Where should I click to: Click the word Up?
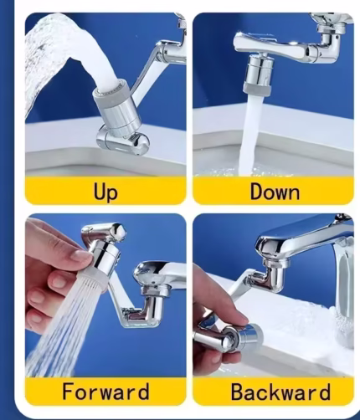tap(105, 192)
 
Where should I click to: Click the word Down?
tap(275, 192)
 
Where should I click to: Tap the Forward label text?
tap(105, 391)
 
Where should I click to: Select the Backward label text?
tap(280, 392)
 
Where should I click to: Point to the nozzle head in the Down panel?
tap(259, 74)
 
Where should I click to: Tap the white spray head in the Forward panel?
tap(93, 282)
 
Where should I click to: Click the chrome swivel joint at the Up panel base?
tap(123, 140)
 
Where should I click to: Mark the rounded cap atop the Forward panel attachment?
tap(103, 232)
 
